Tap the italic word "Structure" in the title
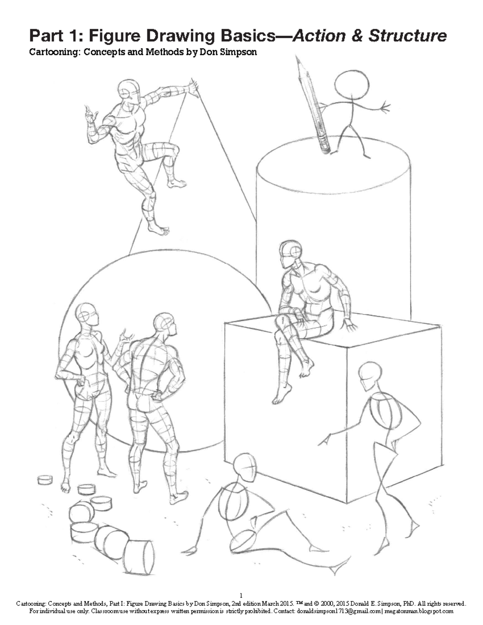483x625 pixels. click(x=407, y=36)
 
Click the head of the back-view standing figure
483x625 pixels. click(x=165, y=323)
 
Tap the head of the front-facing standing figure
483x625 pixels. click(x=87, y=314)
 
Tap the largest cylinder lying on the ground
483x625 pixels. click(x=138, y=558)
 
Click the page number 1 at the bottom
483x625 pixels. click(x=241, y=595)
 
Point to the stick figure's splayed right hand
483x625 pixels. click(x=386, y=107)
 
